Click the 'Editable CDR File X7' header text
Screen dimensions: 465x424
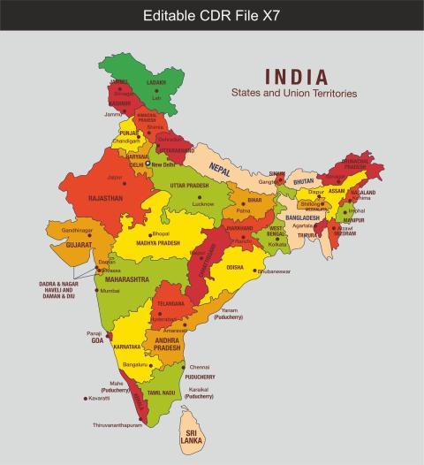pyautogui.click(x=211, y=15)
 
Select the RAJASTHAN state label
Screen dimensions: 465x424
pyautogui.click(x=105, y=199)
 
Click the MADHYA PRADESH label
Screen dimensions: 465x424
pyautogui.click(x=157, y=242)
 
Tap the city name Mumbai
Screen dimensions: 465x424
pyautogui.click(x=110, y=291)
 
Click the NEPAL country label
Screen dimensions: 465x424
pyautogui.click(x=219, y=167)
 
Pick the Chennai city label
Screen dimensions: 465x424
pyautogui.click(x=199, y=367)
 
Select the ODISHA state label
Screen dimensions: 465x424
pyautogui.click(x=235, y=266)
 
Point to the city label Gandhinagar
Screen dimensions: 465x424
pyautogui.click(x=77, y=230)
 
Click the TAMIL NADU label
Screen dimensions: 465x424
pyautogui.click(x=162, y=392)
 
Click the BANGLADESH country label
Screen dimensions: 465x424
pyautogui.click(x=302, y=217)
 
